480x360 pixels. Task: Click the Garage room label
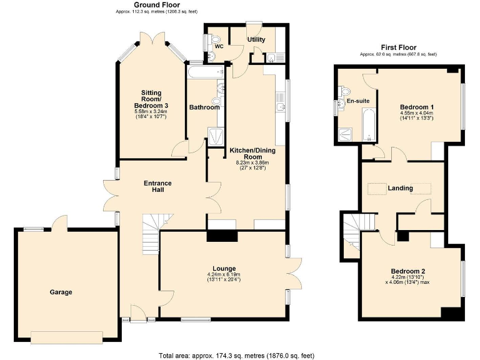click(x=61, y=292)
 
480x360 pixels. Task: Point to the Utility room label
click(x=256, y=39)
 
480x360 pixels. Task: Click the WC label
click(x=219, y=46)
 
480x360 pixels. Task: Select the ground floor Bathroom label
click(x=204, y=107)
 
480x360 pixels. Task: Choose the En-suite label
click(x=358, y=101)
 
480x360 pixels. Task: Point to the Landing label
click(x=400, y=188)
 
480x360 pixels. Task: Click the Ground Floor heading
click(x=154, y=4)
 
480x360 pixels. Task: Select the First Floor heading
click(x=398, y=47)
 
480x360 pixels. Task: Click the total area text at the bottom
click(x=239, y=354)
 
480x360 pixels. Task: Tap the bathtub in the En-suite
click(x=368, y=124)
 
